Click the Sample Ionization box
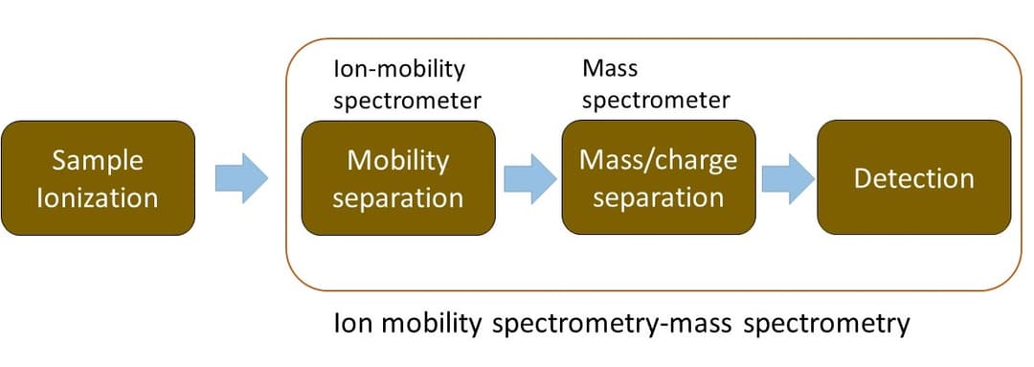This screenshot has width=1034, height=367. [x=98, y=178]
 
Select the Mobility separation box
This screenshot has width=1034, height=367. [x=398, y=178]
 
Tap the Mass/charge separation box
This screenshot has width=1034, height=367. [x=658, y=178]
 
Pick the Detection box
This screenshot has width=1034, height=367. [x=913, y=178]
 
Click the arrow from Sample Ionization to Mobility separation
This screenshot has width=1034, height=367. [x=241, y=178]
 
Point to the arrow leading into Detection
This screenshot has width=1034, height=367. [x=787, y=178]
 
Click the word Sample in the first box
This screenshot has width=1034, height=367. [x=98, y=160]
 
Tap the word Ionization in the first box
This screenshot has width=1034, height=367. [x=98, y=198]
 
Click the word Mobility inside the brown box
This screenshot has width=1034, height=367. [x=397, y=160]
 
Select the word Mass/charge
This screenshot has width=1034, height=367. [x=658, y=159]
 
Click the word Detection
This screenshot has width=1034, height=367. [x=913, y=178]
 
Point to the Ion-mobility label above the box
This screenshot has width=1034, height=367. [x=398, y=69]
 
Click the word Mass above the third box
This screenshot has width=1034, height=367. [x=609, y=69]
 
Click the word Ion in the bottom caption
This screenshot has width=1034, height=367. [x=349, y=324]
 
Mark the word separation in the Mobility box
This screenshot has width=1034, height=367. [x=398, y=198]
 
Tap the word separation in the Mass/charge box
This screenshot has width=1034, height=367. [x=658, y=198]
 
